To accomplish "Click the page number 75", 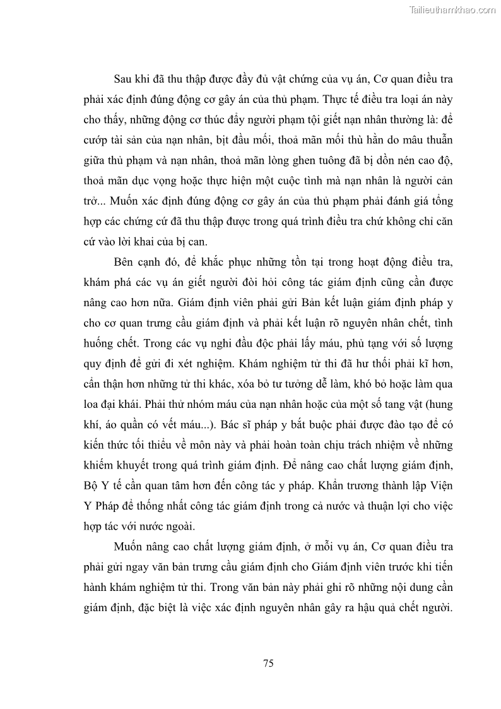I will [x=268, y=663].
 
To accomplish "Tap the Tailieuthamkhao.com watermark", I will [x=452, y=10].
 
